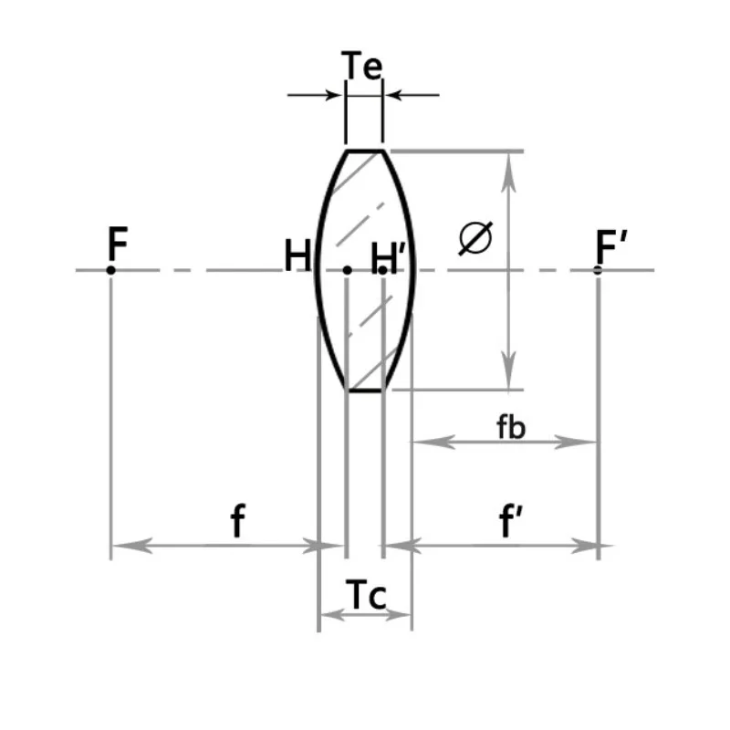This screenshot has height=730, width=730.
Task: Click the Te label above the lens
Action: (361, 65)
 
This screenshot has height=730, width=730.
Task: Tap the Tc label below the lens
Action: (366, 595)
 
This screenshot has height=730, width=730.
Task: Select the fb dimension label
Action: (511, 426)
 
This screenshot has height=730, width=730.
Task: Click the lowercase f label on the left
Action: (238, 520)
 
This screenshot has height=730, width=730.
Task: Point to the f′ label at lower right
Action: (510, 520)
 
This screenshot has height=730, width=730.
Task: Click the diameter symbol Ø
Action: (475, 238)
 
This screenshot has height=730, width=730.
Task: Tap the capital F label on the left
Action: (118, 243)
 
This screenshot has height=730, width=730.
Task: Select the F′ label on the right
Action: (610, 246)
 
